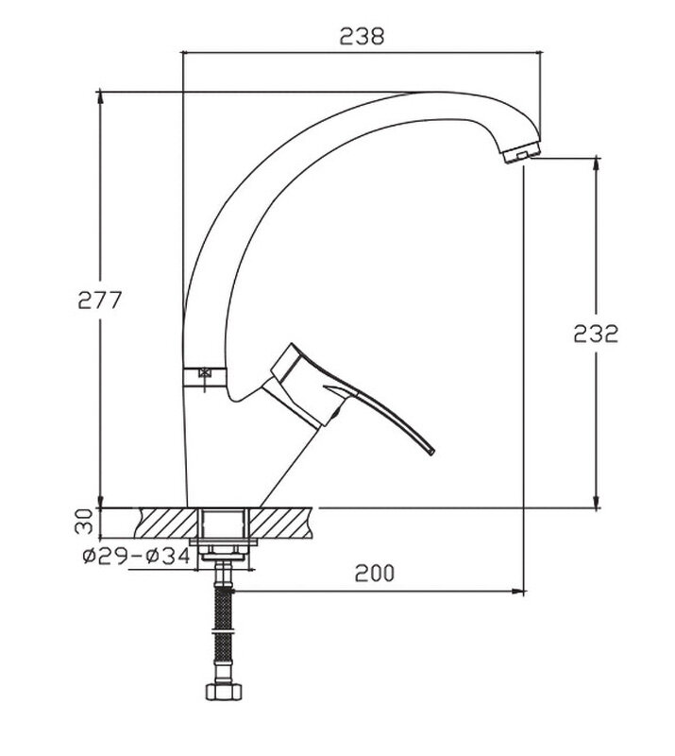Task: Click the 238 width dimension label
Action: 362,36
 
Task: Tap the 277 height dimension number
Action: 100,301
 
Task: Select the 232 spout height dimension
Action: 596,334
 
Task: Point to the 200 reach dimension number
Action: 375,573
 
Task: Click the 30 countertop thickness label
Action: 84,522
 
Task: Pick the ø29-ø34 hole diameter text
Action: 137,557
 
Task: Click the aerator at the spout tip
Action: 521,152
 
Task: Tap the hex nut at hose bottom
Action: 224,691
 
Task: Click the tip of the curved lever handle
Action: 431,452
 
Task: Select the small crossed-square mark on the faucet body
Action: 205,372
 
